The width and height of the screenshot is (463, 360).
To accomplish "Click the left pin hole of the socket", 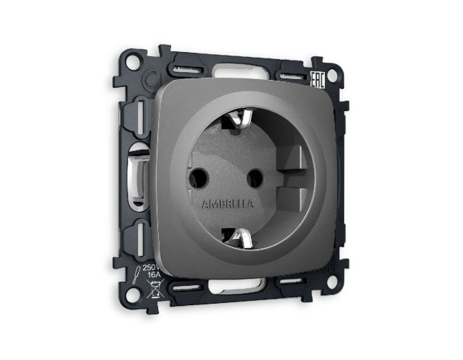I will [x=199, y=174].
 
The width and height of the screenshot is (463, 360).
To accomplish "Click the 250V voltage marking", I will [x=152, y=267].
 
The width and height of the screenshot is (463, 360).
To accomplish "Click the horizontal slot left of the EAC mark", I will [x=292, y=75].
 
